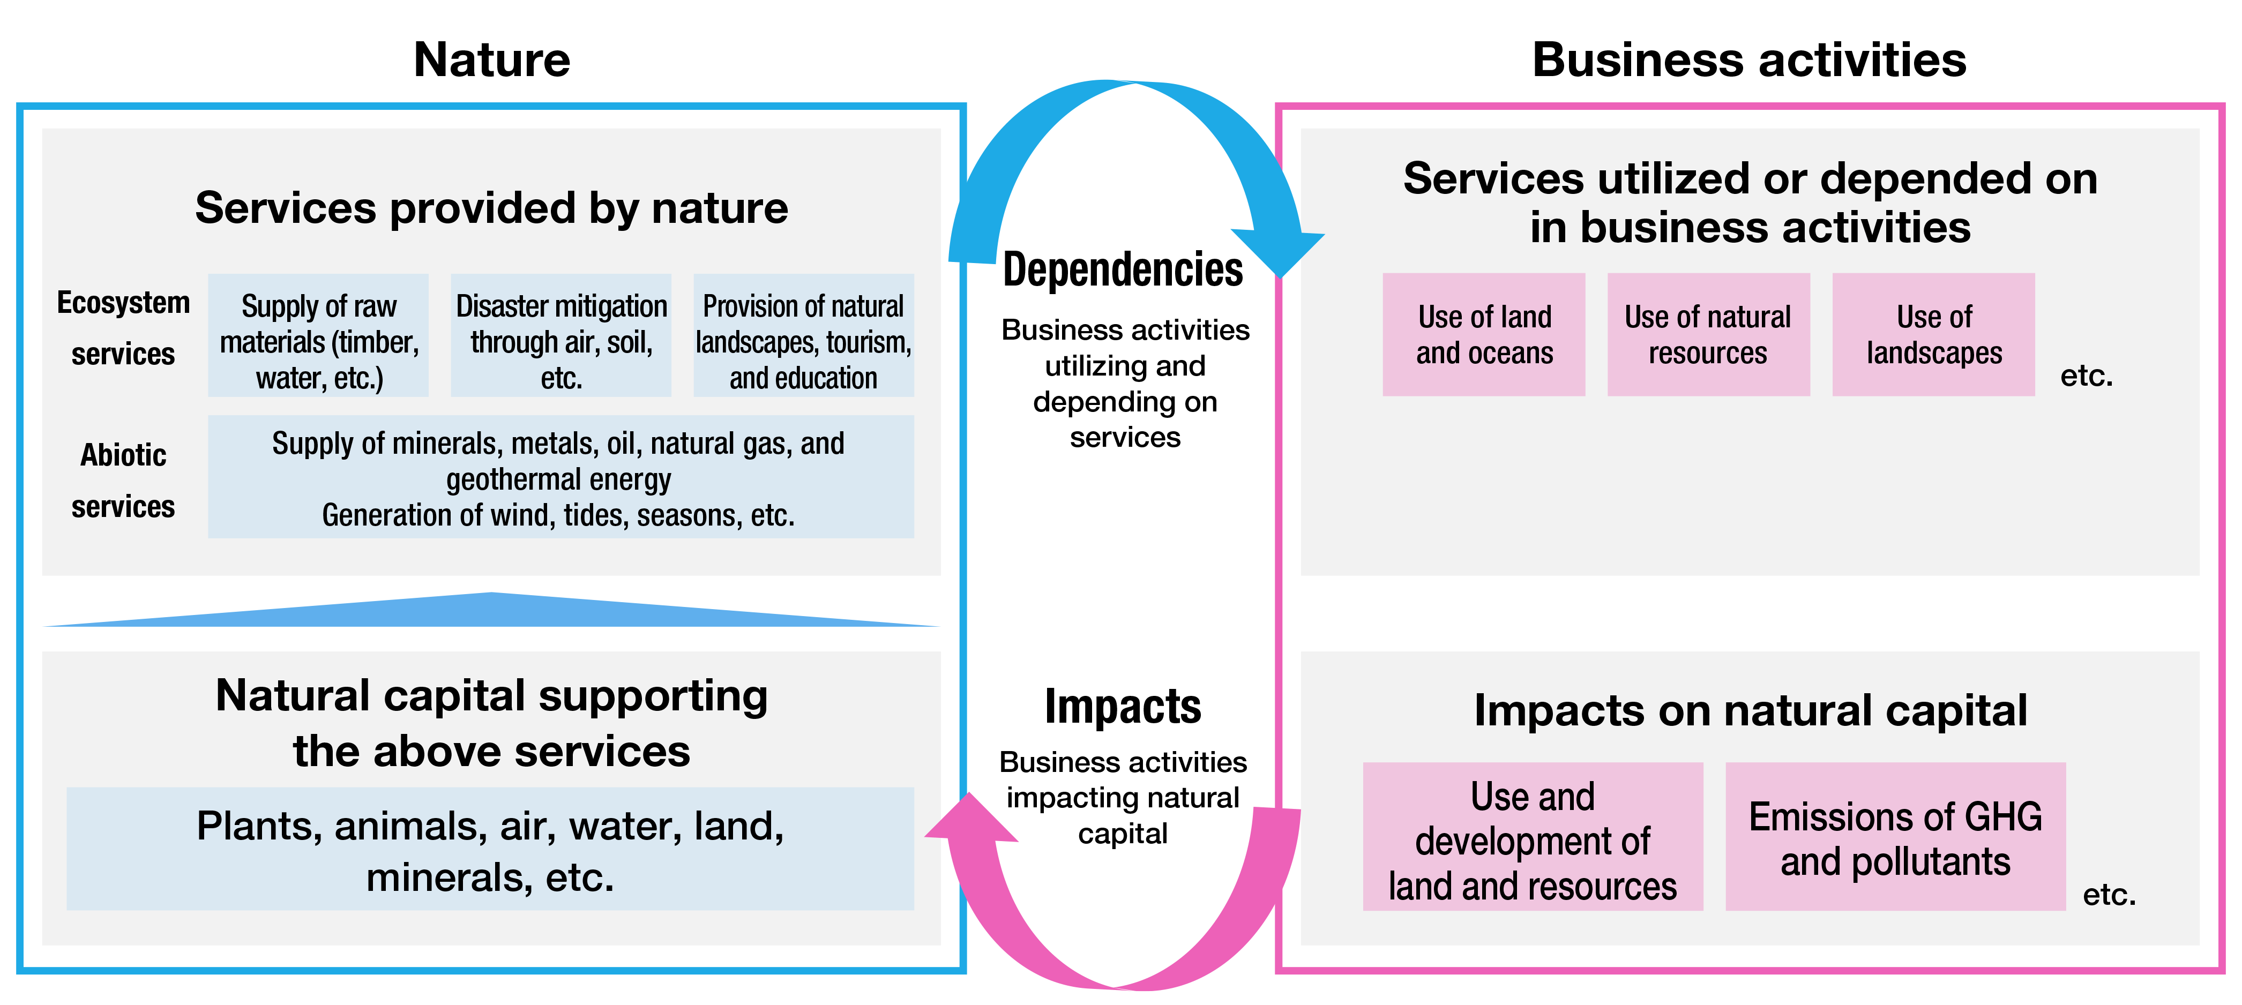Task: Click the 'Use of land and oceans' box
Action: (1484, 335)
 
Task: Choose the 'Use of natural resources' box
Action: (1708, 335)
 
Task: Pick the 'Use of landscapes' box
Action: (1934, 335)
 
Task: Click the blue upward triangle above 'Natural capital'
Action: (492, 611)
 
